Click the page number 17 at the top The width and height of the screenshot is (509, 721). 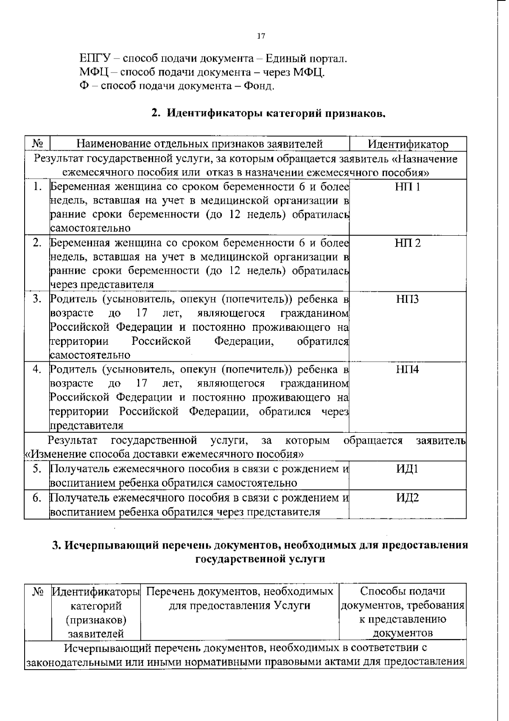pyautogui.click(x=261, y=37)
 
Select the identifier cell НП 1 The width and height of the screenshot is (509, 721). pyautogui.click(x=408, y=187)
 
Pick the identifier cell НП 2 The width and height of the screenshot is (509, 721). pyautogui.click(x=408, y=243)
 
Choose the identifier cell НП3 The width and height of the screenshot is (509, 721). pyautogui.click(x=408, y=299)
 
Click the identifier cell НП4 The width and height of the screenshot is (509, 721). pyautogui.click(x=408, y=369)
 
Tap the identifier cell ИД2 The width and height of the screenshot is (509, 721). pyautogui.click(x=408, y=497)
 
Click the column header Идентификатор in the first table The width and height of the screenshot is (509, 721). pyautogui.click(x=408, y=144)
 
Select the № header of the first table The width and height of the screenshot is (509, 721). pyautogui.click(x=37, y=144)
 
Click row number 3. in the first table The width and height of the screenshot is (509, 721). pyautogui.click(x=37, y=299)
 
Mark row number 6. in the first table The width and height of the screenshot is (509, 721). pyautogui.click(x=37, y=497)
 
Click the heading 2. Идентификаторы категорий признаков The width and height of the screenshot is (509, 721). pyautogui.click(x=268, y=113)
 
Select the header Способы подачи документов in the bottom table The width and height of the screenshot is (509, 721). pyautogui.click(x=403, y=591)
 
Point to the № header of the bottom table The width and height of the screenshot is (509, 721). pyautogui.click(x=38, y=591)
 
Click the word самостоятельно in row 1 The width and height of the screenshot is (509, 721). pyautogui.click(x=90, y=228)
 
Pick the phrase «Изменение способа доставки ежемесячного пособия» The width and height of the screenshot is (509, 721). pyautogui.click(x=164, y=454)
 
